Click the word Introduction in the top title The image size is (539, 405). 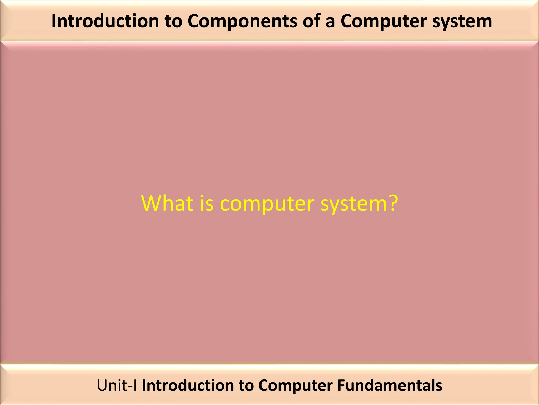[x=105, y=21]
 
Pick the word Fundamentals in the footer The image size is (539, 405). [x=390, y=385]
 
